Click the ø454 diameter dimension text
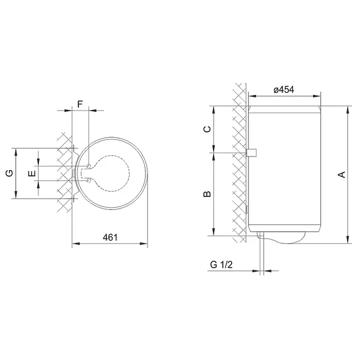click(x=284, y=90)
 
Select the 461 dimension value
click(x=110, y=238)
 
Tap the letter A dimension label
click(x=342, y=175)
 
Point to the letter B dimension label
click(x=207, y=194)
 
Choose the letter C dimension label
click(x=207, y=129)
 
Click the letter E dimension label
click(x=32, y=173)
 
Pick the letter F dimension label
click(x=80, y=104)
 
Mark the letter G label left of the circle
click(x=9, y=173)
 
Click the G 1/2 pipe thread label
click(x=221, y=265)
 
